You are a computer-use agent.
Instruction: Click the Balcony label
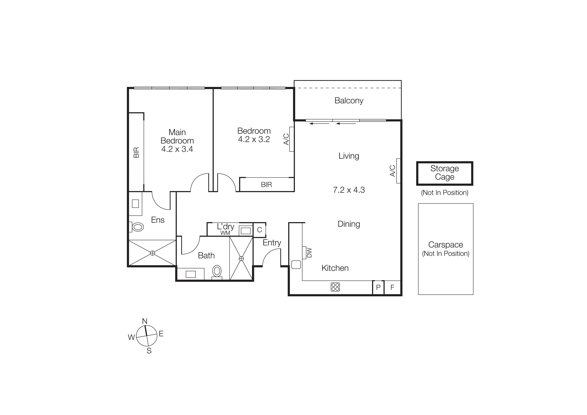coord(349,101)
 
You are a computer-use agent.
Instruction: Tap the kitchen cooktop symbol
coord(335,287)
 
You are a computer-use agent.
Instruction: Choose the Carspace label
coord(446,245)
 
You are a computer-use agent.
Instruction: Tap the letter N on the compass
coord(145,321)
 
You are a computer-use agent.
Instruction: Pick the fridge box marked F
coord(392,287)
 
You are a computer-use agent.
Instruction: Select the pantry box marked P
coord(378,287)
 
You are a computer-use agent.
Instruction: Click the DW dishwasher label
coord(309,253)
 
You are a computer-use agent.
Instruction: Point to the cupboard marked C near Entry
coord(260,230)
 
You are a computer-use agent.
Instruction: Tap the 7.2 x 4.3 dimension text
coord(349,190)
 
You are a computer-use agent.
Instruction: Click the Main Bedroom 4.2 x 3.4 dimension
coord(177,149)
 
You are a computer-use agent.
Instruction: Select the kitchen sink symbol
coord(296,265)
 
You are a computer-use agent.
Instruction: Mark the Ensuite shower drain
coord(152,253)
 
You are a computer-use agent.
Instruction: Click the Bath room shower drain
coord(241,259)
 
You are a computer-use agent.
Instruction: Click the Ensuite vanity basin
coord(135,204)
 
